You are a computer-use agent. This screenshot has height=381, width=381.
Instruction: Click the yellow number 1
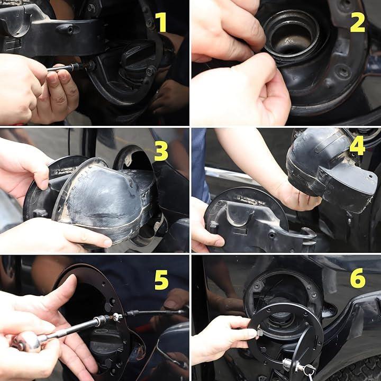point(161,22)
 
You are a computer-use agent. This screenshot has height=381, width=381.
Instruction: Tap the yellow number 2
point(357,22)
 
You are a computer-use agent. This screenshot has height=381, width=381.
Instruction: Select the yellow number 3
point(161,151)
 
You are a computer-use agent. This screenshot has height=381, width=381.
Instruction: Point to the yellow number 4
point(357,146)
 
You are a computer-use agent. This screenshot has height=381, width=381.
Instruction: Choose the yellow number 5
point(161,280)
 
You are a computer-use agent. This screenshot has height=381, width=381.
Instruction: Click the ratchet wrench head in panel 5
point(27,342)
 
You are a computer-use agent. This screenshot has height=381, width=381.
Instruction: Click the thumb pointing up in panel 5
point(61,292)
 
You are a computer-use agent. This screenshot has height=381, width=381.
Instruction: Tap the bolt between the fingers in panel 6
point(259,331)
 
